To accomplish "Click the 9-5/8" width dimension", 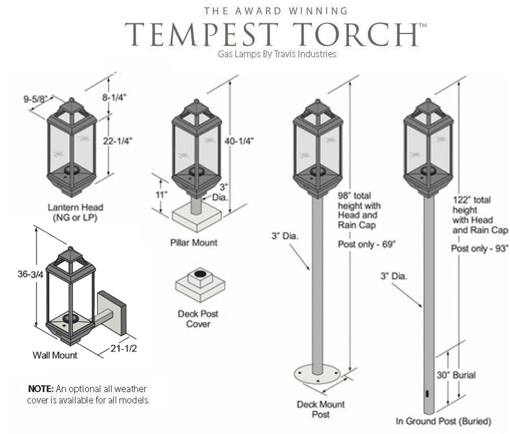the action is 35,99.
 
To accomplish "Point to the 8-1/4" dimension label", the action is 114,98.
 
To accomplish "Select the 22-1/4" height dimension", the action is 118,141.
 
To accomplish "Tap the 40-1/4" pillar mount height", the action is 239,141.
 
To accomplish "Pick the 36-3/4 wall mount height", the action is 30,274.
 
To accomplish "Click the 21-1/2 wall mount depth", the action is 124,348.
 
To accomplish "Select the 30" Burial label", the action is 456,375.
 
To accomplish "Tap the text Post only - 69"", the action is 367,244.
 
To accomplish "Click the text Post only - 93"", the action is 480,248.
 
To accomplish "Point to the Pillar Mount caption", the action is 194,243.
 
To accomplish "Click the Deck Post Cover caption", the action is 198,319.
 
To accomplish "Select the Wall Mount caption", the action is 55,355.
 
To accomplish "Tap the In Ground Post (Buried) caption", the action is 443,421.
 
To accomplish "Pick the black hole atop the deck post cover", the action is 200,274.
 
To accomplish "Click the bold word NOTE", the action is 41,389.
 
